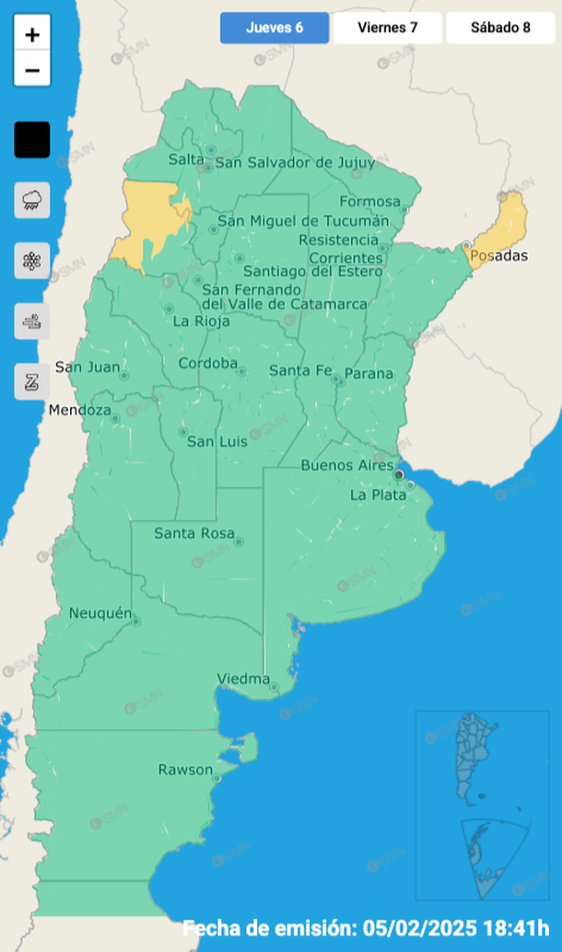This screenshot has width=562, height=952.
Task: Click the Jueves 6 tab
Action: click(x=275, y=28)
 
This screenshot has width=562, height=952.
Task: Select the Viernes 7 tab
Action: click(x=388, y=28)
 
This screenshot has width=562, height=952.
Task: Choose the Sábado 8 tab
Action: click(x=500, y=28)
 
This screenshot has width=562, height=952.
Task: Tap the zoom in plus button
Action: click(x=32, y=36)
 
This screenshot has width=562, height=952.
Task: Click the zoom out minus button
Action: click(x=32, y=70)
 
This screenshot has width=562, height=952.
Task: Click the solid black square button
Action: click(x=32, y=140)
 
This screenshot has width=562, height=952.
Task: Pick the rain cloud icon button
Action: click(x=32, y=200)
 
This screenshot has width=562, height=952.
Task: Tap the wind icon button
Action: click(x=32, y=321)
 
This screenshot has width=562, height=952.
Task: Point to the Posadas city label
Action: click(x=498, y=255)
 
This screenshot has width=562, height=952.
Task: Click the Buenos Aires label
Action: click(x=347, y=466)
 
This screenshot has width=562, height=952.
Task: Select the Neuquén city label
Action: click(x=100, y=612)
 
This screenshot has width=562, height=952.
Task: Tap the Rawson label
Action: click(x=185, y=770)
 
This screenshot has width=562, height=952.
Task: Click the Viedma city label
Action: click(x=243, y=679)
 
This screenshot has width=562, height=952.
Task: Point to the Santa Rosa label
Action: click(x=194, y=533)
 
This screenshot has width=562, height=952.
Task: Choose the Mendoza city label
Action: click(x=80, y=410)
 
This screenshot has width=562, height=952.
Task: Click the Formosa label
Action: click(x=370, y=202)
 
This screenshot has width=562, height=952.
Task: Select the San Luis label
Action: click(x=217, y=442)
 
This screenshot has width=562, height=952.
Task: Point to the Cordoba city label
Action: click(x=207, y=363)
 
